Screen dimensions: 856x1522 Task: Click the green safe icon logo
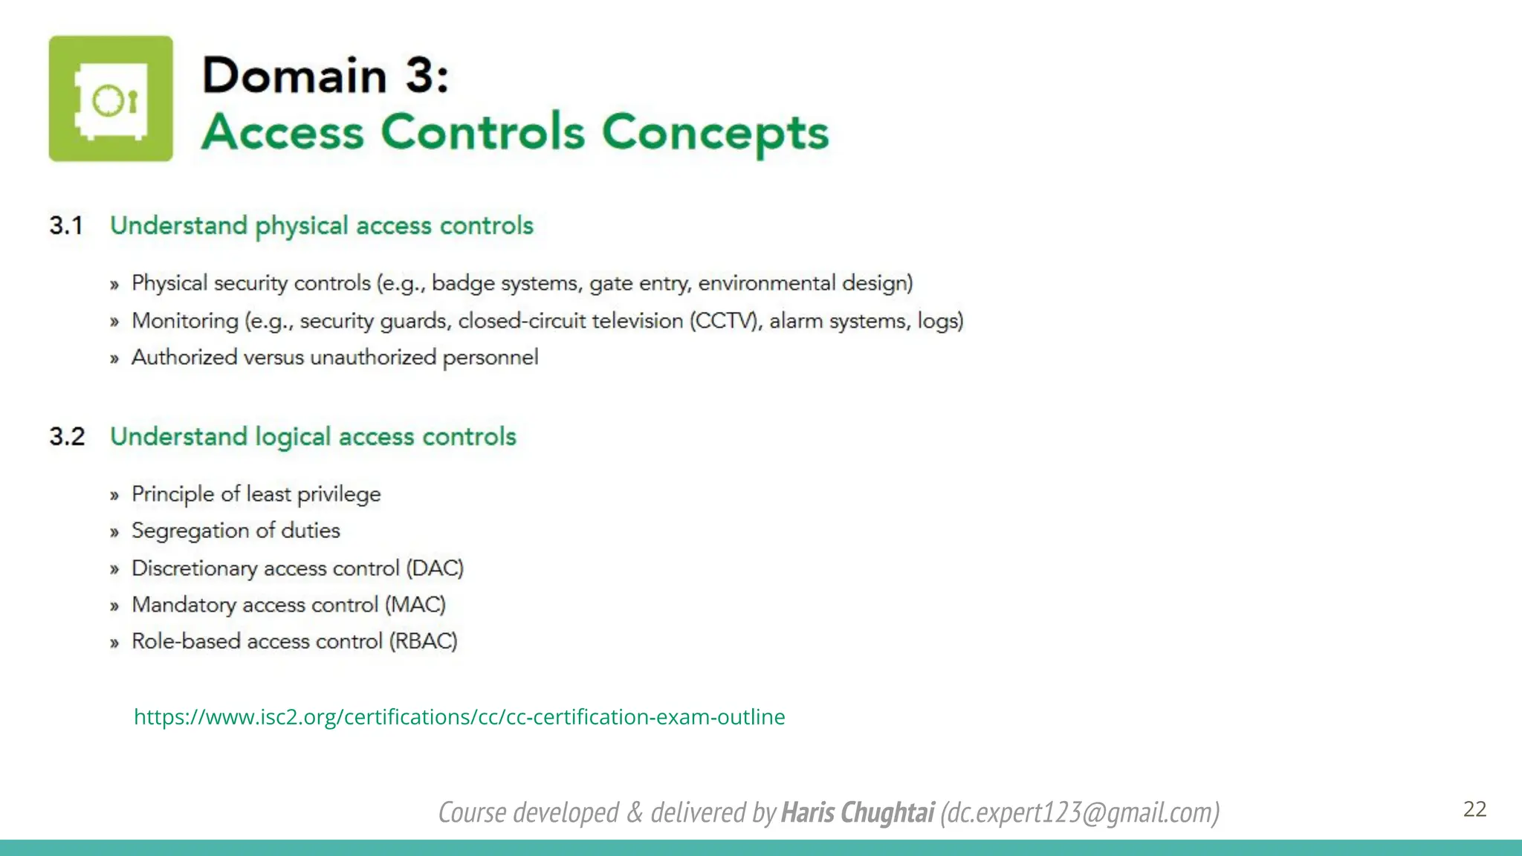coord(111,99)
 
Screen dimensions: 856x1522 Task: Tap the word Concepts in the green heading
coord(714,132)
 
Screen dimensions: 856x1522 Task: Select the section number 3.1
coord(66,225)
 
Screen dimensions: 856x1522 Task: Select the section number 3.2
coord(67,436)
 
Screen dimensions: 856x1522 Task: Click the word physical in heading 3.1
coord(302,226)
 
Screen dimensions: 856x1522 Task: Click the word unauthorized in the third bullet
coord(373,357)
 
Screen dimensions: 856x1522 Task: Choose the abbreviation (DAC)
coord(435,568)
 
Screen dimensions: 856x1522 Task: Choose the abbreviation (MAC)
coord(415,605)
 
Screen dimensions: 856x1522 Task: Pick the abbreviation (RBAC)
coord(424,641)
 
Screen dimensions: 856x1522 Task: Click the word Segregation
coord(190,531)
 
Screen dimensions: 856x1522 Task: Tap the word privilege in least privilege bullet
coord(339,494)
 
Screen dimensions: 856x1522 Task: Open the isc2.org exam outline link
coord(459,716)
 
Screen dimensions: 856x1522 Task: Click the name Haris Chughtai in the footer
coord(857,812)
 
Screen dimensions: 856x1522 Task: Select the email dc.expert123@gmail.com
coord(1080,812)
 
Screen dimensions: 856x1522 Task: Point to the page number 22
coord(1474,808)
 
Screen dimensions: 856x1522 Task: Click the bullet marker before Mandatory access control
coord(114,606)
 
